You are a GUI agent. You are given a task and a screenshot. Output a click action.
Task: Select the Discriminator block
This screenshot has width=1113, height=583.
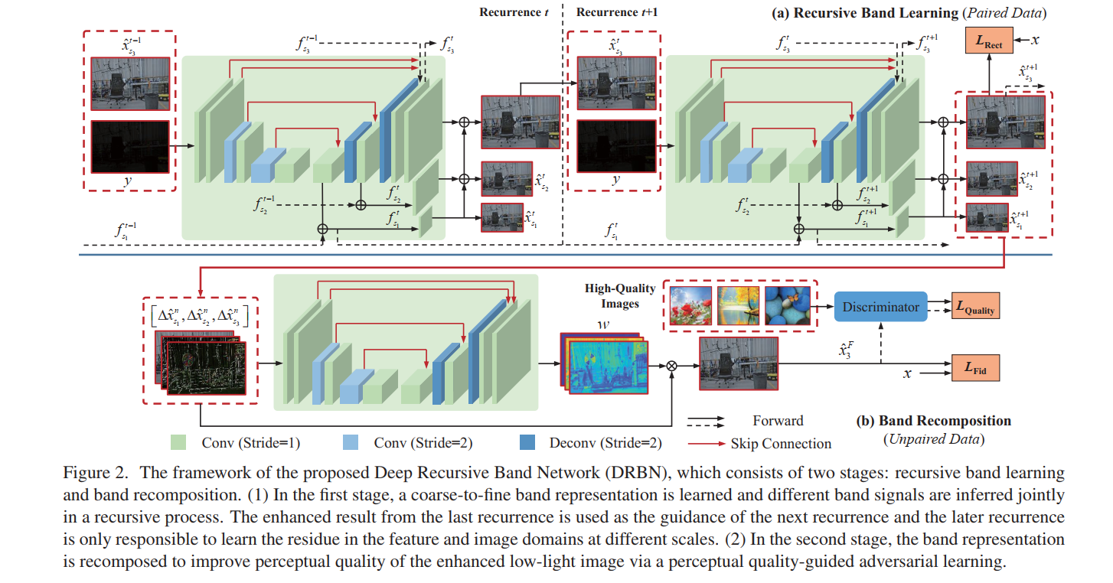point(880,307)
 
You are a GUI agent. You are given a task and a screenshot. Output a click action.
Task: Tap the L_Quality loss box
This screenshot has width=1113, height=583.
point(974,307)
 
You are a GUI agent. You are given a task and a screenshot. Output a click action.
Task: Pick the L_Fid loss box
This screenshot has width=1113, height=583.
point(974,367)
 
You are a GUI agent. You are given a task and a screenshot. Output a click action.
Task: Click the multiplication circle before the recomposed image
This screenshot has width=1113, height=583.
point(672,366)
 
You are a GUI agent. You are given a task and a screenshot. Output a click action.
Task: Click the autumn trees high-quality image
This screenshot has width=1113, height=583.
point(738,305)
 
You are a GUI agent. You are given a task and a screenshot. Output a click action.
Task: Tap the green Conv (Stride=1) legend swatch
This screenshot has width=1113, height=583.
point(178,443)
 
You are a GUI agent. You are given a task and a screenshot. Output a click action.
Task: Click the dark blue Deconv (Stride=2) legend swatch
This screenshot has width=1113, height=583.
point(527,443)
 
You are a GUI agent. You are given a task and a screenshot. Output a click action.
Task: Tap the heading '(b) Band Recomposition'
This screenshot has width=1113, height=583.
point(933,421)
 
